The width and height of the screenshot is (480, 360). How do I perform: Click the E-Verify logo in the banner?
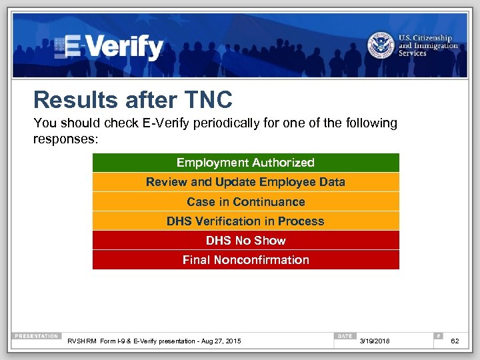tap(110, 47)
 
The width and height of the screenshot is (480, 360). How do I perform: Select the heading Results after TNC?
tap(133, 100)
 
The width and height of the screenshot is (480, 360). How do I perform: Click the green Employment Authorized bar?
tap(245, 163)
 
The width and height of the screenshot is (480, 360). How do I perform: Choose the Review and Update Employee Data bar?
tap(245, 182)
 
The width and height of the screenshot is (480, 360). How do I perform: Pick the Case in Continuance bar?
tap(245, 201)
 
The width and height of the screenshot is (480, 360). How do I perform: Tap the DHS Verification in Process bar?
tap(245, 221)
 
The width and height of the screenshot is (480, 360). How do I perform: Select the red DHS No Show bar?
tap(245, 240)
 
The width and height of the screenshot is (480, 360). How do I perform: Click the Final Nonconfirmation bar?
tap(245, 259)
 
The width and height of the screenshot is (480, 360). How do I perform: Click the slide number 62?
tap(455, 341)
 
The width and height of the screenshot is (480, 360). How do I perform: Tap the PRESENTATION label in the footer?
tap(37, 336)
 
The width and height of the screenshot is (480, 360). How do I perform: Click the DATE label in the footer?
tap(345, 336)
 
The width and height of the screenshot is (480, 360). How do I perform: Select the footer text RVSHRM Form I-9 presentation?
tap(154, 341)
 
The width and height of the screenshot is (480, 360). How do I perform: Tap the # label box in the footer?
tap(438, 336)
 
